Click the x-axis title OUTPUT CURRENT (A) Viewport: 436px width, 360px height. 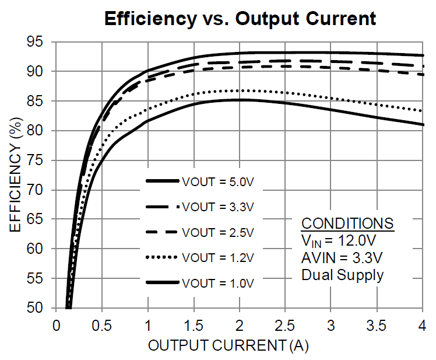pos(228,345)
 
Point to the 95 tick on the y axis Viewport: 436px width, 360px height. pos(41,42)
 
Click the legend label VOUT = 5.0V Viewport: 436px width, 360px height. pos(218,182)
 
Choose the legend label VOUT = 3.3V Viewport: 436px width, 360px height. pos(218,207)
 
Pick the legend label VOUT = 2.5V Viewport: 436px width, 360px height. pos(218,232)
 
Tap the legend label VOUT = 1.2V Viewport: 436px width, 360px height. pos(218,257)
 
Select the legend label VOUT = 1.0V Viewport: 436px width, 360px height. pos(218,283)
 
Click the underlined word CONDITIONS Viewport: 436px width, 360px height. pos(347,224)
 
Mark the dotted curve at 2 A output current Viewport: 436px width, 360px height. pos(240,90)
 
